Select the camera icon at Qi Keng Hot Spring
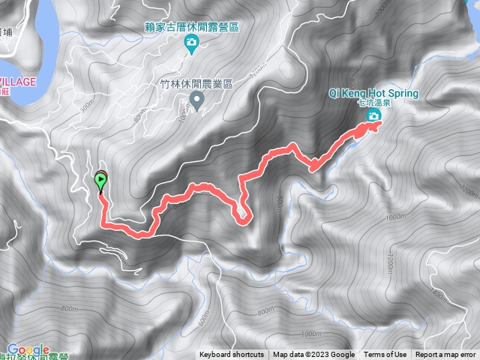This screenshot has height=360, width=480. tap(373, 115)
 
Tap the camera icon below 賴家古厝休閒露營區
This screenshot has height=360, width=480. tap(191, 43)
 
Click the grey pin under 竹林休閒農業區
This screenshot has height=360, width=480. tap(196, 100)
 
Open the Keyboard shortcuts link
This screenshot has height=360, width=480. tap(232, 355)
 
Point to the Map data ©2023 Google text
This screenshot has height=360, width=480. tap(313, 355)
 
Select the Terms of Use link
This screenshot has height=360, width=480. tap(385, 355)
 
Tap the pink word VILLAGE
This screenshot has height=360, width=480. tap(18, 81)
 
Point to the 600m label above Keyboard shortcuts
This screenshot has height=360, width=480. tap(204, 319)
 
